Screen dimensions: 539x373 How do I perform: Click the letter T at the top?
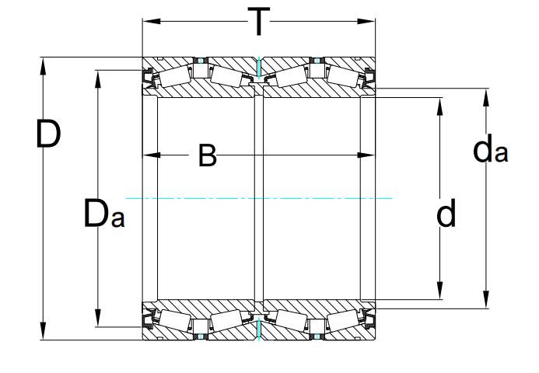pyautogui.click(x=259, y=22)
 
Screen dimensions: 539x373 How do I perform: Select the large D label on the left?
pyautogui.click(x=48, y=134)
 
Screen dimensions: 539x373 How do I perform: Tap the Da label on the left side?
pyautogui.click(x=104, y=214)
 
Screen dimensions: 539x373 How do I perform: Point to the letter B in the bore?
pyautogui.click(x=208, y=155)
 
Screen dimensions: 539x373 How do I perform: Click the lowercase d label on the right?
pyautogui.click(x=446, y=213)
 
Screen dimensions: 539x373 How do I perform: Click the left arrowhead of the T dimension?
pyautogui.click(x=152, y=21)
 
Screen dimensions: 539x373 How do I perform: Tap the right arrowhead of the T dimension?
pyautogui.click(x=366, y=21)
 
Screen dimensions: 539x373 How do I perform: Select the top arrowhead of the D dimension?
pyautogui.click(x=43, y=66)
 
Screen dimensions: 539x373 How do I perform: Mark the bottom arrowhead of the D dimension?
pyautogui.click(x=43, y=331)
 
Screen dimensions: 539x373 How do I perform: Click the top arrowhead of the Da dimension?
pyautogui.click(x=98, y=79)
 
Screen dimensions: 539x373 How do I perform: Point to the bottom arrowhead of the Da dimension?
pyautogui.click(x=98, y=318)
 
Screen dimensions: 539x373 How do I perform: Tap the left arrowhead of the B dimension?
pyautogui.click(x=152, y=155)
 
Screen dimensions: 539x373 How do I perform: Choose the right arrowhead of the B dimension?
pyautogui.click(x=366, y=155)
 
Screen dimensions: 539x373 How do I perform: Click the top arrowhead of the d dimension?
pyautogui.click(x=439, y=106)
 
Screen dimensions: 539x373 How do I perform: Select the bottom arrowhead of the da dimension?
pyautogui.click(x=486, y=299)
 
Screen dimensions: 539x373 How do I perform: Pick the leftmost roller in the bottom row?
pyautogui.click(x=175, y=319)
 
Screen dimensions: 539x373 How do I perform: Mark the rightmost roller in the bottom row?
pyautogui.click(x=343, y=319)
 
